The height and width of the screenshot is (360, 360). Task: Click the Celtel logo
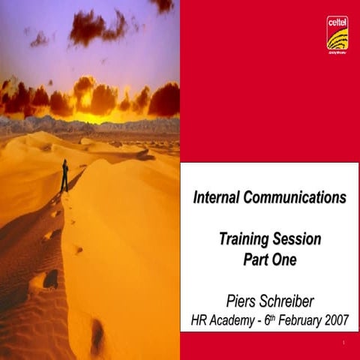[x=337, y=33]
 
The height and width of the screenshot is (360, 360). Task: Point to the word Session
[x=297, y=240]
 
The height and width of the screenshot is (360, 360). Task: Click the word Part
[x=254, y=260]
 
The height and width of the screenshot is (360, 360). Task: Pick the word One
[x=285, y=260]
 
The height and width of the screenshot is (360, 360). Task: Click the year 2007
[x=334, y=321]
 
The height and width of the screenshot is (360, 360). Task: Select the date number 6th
[x=264, y=320]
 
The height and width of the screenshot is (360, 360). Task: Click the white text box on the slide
[x=269, y=247]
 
